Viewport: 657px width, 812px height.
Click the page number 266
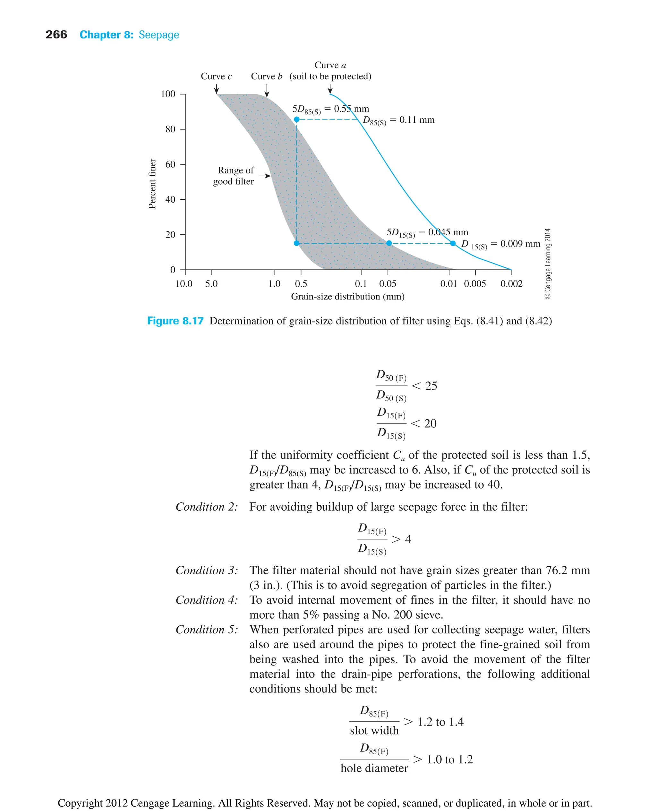(56, 35)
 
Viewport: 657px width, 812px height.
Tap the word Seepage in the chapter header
(158, 35)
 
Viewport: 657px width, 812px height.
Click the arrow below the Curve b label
(267, 90)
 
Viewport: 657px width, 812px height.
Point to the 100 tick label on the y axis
(168, 94)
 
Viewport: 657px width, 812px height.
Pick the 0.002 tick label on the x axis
(511, 284)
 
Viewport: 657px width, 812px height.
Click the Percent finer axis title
(152, 184)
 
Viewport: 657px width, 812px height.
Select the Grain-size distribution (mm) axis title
(347, 297)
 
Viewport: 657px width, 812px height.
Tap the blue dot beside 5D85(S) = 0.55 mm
(297, 120)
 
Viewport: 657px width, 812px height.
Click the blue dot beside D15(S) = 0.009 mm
(453, 243)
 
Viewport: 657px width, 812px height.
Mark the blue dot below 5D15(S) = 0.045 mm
(389, 243)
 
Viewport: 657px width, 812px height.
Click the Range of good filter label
(234, 176)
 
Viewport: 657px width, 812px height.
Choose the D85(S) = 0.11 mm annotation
(398, 120)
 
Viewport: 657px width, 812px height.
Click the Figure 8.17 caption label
(175, 321)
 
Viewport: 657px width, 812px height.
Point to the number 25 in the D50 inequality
(431, 386)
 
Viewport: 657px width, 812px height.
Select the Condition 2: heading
(207, 507)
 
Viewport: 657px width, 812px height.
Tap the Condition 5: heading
(207, 630)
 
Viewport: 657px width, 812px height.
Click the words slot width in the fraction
(374, 731)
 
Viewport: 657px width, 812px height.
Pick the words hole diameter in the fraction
(374, 768)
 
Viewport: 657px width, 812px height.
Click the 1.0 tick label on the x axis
(274, 284)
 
